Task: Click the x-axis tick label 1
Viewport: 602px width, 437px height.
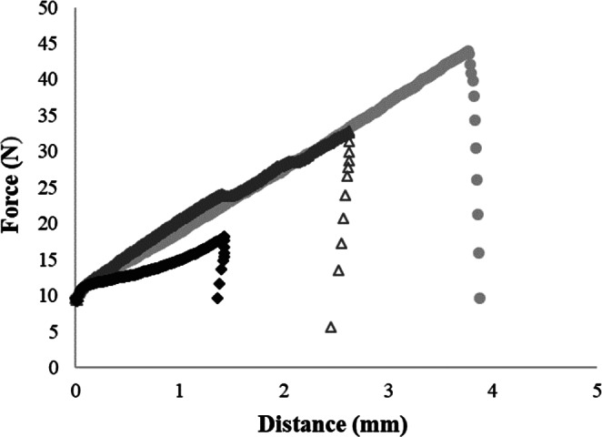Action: pyautogui.click(x=180, y=391)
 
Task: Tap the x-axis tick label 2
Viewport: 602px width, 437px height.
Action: pyautogui.click(x=285, y=391)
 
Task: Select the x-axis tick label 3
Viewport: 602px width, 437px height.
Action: pyautogui.click(x=389, y=391)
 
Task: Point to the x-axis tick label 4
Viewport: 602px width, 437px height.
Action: pyautogui.click(x=493, y=391)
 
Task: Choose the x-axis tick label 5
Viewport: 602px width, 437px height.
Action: pyautogui.click(x=597, y=391)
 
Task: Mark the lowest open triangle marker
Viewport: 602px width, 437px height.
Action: pyautogui.click(x=331, y=327)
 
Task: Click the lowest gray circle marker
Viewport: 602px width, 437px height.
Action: pyautogui.click(x=479, y=298)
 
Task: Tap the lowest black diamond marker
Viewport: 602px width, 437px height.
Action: pyautogui.click(x=217, y=298)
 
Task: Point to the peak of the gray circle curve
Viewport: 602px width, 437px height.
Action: pyautogui.click(x=468, y=51)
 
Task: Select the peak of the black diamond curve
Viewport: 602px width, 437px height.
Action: pyautogui.click(x=225, y=237)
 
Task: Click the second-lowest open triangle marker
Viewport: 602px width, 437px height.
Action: pyautogui.click(x=338, y=269)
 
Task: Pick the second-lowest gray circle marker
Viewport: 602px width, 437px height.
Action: pyautogui.click(x=478, y=252)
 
